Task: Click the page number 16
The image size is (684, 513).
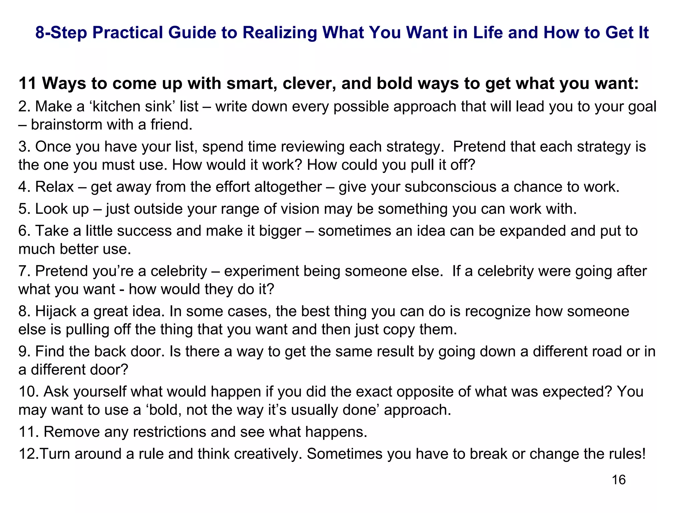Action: click(x=619, y=480)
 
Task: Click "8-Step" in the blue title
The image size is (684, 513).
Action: click(x=61, y=33)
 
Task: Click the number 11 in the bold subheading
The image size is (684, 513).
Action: click(x=27, y=83)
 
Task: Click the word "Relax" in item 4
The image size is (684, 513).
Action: click(x=54, y=187)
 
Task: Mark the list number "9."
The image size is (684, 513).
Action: click(x=24, y=351)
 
